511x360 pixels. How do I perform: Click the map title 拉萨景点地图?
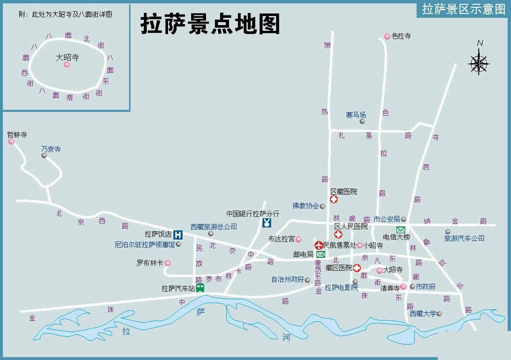point(210,24)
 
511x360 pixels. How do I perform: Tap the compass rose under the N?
point(479,63)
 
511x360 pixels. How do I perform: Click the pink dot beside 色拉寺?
point(387,36)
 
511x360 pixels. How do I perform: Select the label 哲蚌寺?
point(17,135)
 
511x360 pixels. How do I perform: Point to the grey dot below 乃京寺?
point(44,156)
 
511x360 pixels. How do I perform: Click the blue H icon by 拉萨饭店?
point(178,235)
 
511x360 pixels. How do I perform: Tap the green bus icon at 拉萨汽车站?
point(200,288)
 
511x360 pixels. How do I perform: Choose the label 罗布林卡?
point(150,263)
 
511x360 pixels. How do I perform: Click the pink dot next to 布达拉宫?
point(298,239)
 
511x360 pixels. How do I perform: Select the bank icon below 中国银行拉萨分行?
point(267,223)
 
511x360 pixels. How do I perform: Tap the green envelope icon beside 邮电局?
point(320,254)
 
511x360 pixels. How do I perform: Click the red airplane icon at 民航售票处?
point(318,245)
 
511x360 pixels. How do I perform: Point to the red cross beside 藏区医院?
point(356,268)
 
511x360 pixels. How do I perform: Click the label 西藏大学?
point(423,314)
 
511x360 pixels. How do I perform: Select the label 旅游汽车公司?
point(464,239)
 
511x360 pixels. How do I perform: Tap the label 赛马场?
point(356,115)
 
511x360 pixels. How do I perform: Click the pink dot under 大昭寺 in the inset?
point(67,65)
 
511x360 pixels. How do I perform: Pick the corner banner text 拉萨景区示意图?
point(463,9)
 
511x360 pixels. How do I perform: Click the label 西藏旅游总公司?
point(214,227)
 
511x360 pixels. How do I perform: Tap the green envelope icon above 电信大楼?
point(400,229)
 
